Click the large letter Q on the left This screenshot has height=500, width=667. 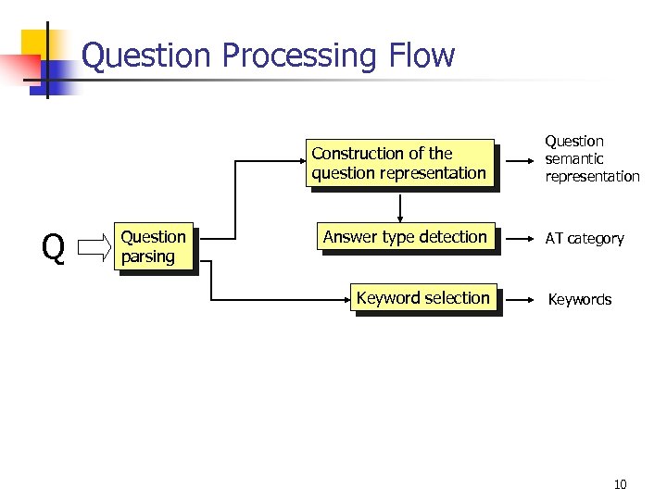pos(54,248)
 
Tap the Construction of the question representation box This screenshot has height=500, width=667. pos(399,163)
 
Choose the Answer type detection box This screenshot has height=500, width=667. pos(405,238)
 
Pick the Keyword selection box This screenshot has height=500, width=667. pos(424,298)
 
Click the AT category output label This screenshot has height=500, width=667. pos(585,239)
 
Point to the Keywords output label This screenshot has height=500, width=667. pos(580,300)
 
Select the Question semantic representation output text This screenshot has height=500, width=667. pos(592,158)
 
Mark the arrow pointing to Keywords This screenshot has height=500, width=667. pos(521,299)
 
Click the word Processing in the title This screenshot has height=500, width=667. pos(299,56)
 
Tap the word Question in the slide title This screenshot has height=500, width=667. pos(150,56)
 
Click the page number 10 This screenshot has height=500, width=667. pos(620,484)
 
